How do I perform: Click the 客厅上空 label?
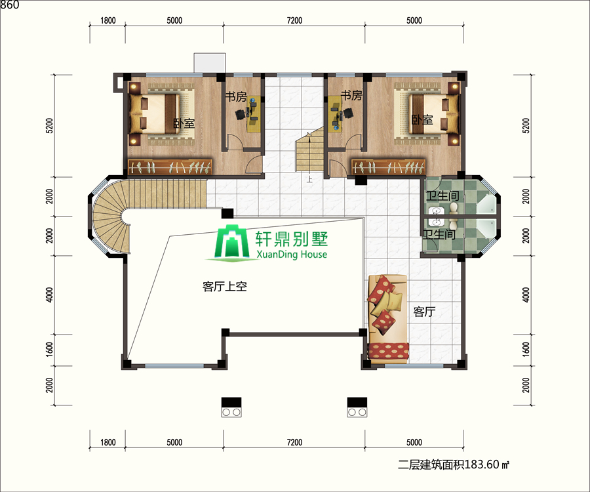click(x=225, y=287)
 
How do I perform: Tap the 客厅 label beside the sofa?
click(x=424, y=312)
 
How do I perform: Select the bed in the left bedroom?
click(x=154, y=113)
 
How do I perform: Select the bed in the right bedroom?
click(x=434, y=113)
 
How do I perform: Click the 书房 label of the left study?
click(x=236, y=96)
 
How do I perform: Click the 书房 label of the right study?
click(x=351, y=95)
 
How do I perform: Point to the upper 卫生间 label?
click(x=442, y=195)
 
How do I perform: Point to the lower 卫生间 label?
click(x=439, y=234)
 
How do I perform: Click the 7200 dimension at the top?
click(x=294, y=20)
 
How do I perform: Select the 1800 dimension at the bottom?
click(x=108, y=442)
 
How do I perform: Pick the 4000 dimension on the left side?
click(x=49, y=295)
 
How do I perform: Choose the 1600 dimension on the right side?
click(x=526, y=350)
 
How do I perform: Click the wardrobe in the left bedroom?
click(x=170, y=167)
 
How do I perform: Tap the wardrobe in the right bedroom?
click(x=388, y=167)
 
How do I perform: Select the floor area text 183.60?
click(x=482, y=464)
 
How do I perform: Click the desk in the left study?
click(x=254, y=113)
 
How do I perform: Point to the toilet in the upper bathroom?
click(x=454, y=208)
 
